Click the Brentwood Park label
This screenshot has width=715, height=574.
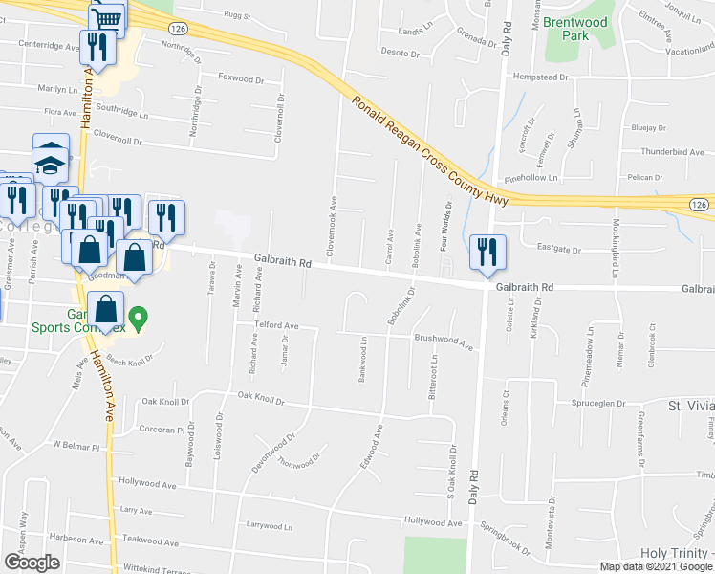pyautogui.click(x=572, y=28)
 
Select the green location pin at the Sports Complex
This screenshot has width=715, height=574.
pyautogui.click(x=139, y=318)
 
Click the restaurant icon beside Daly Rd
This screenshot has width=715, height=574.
pyautogui.click(x=488, y=254)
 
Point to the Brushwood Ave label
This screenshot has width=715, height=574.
pyautogui.click(x=444, y=340)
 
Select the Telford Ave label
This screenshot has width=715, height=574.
pyautogui.click(x=276, y=325)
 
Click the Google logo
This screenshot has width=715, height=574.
pyautogui.click(x=32, y=563)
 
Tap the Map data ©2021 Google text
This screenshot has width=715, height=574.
pyautogui.click(x=655, y=566)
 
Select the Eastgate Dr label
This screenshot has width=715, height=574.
pyautogui.click(x=559, y=250)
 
